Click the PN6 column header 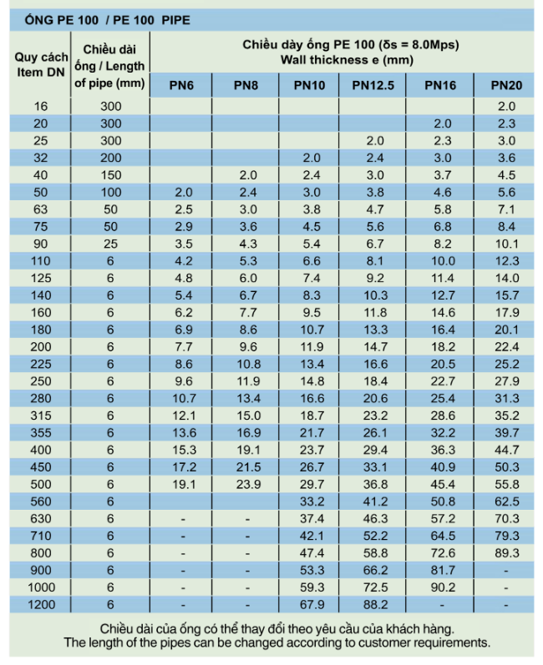[181, 85]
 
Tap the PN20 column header [506, 85]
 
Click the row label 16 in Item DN [41, 106]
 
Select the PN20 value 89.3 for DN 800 [506, 553]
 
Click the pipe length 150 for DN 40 [110, 175]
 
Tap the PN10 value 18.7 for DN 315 [312, 416]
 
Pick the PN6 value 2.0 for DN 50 [184, 192]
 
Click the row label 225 [41, 364]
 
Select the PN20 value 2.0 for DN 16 [506, 106]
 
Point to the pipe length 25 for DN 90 [110, 244]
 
